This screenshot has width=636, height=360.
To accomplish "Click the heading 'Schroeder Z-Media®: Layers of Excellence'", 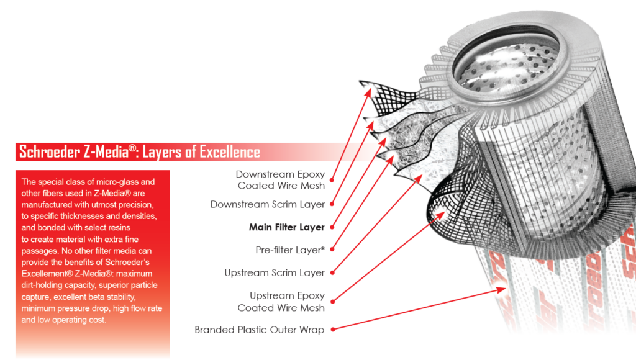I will [140, 152].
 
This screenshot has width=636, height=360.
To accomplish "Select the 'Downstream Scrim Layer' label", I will [268, 204].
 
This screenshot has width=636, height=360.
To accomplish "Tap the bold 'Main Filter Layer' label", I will [287, 227].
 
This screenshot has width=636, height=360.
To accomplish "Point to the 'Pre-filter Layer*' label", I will [290, 250].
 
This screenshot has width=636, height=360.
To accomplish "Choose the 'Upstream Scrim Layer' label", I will [275, 273].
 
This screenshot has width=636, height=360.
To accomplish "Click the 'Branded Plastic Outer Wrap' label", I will [259, 330].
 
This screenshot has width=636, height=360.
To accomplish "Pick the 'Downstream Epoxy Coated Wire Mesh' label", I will [280, 180].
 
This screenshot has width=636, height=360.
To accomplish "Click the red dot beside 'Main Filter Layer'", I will [332, 227].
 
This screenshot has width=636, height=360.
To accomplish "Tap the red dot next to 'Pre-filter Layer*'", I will [332, 250].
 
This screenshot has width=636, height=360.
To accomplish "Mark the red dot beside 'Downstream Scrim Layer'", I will [332, 204].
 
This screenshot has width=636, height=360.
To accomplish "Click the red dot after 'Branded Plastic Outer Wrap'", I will [332, 330].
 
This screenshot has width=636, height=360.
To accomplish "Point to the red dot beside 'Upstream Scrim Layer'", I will [332, 273].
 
